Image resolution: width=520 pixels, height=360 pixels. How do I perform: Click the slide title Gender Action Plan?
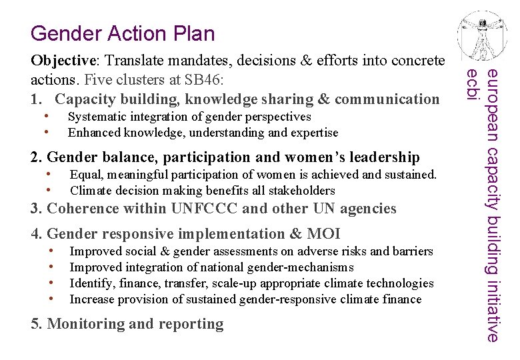coord(123,33)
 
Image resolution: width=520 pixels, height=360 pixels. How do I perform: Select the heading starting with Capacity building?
coord(247,99)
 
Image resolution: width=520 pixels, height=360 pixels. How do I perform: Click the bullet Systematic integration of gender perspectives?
coord(189,117)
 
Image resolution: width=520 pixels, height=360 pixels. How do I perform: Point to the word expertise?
coord(313,133)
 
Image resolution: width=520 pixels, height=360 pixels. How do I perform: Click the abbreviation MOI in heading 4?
coord(323,234)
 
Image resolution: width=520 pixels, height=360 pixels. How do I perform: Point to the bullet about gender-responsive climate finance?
coord(245,299)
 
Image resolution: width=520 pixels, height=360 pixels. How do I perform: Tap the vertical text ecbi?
coord(472,85)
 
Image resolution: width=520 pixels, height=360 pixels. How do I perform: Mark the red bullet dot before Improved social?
coord(51,251)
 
